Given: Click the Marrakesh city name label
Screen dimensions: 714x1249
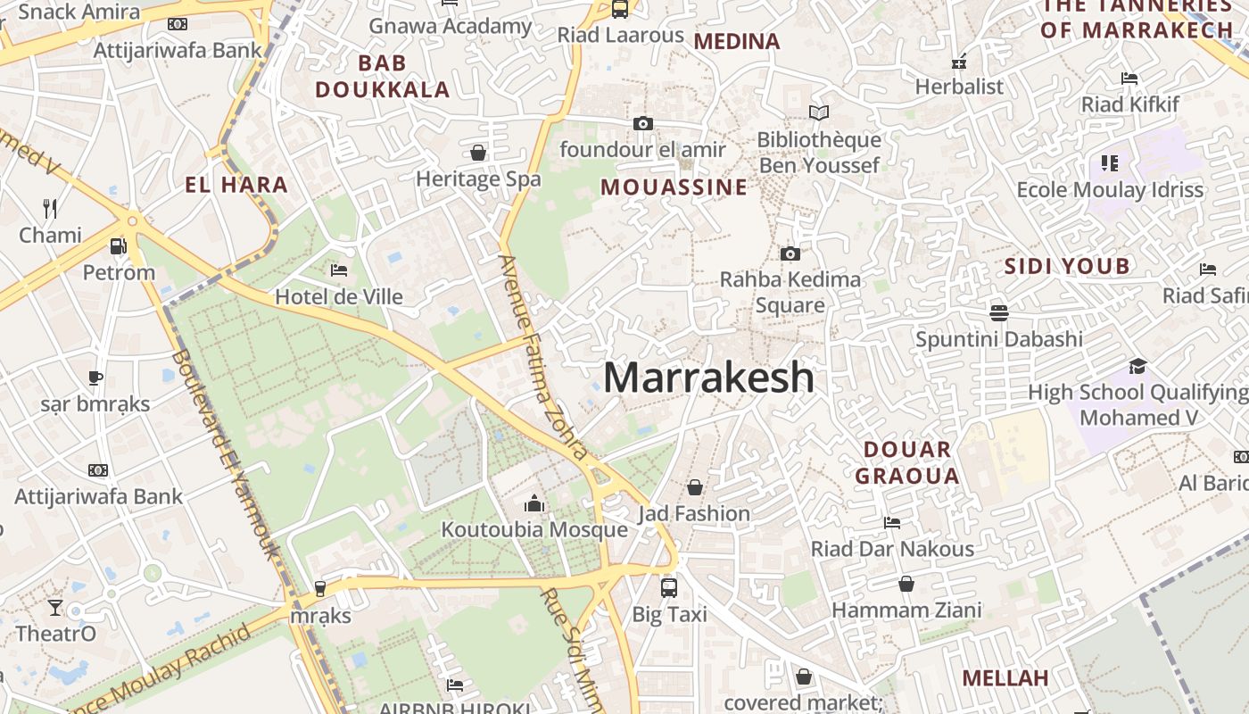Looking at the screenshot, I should (x=709, y=378).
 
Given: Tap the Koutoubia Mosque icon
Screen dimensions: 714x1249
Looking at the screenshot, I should (x=534, y=504).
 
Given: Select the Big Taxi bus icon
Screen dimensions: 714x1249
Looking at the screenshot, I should (x=669, y=587).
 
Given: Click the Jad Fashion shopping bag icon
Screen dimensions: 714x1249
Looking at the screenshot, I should (x=695, y=487).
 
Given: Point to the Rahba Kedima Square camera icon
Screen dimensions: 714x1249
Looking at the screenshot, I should (x=790, y=254).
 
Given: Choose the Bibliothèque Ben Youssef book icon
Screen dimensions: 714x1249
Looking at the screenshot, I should (x=818, y=113).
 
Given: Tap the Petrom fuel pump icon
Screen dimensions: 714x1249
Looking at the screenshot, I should (x=118, y=246).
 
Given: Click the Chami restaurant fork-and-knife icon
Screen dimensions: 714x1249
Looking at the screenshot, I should (x=50, y=209).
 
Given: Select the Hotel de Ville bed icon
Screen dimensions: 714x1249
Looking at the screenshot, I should (x=338, y=270).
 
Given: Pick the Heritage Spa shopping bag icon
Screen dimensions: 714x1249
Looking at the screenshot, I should (x=478, y=153).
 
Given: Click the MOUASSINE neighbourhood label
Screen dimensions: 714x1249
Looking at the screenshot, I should (x=674, y=187).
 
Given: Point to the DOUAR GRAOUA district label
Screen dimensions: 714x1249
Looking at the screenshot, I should (x=907, y=462).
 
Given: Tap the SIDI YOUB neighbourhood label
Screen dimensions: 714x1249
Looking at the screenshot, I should (x=1067, y=266).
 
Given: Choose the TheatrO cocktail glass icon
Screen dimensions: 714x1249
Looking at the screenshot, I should (x=55, y=608).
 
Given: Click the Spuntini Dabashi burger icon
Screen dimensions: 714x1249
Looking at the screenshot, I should (x=998, y=312).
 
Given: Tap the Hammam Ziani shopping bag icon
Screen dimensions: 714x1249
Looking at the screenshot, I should (x=906, y=584).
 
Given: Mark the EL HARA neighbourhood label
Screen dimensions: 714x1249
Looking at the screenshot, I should (x=236, y=186).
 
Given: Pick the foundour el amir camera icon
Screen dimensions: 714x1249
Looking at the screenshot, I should (x=642, y=123).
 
